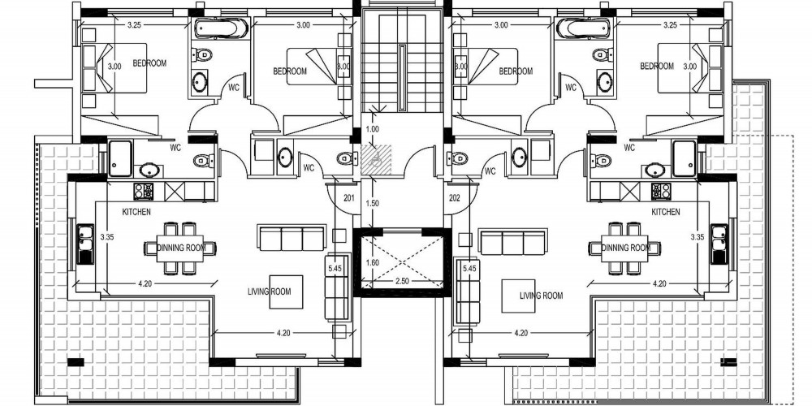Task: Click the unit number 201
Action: [349, 198]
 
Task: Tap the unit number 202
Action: [455, 198]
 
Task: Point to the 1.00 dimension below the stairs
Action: [373, 129]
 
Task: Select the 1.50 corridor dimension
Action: [373, 204]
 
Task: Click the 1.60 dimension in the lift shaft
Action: [373, 262]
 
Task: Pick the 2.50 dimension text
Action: [402, 281]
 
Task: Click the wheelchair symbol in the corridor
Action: [376, 159]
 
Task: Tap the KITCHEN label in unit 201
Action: [136, 212]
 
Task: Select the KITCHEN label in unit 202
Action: [666, 212]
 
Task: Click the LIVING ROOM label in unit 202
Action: [541, 296]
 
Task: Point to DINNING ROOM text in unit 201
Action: [181, 248]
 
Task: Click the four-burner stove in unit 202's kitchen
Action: [660, 192]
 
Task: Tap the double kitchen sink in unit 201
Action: [85, 244]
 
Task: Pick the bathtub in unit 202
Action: [584, 28]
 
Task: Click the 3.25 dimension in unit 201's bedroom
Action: [135, 24]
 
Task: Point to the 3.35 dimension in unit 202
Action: [698, 236]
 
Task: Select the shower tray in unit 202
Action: [684, 158]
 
